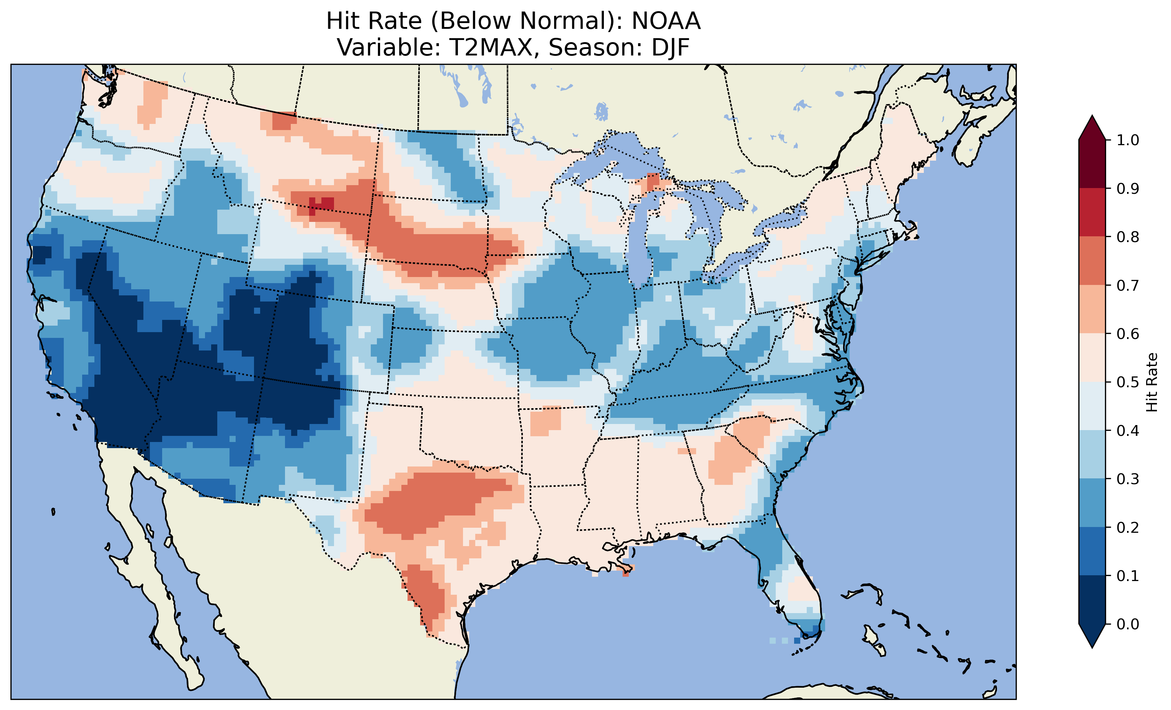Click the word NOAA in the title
[x=665, y=21]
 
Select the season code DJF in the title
[x=670, y=48]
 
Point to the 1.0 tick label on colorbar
[x=1128, y=140]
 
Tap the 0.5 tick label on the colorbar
[x=1128, y=382]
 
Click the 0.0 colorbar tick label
[x=1128, y=624]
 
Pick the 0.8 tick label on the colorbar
[x=1128, y=237]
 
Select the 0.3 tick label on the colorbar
[x=1128, y=479]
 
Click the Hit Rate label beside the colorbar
[x=1152, y=382]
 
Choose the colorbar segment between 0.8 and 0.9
[x=1092, y=213]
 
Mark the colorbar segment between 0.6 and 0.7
[x=1092, y=309]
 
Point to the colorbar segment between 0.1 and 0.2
[x=1092, y=551]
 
